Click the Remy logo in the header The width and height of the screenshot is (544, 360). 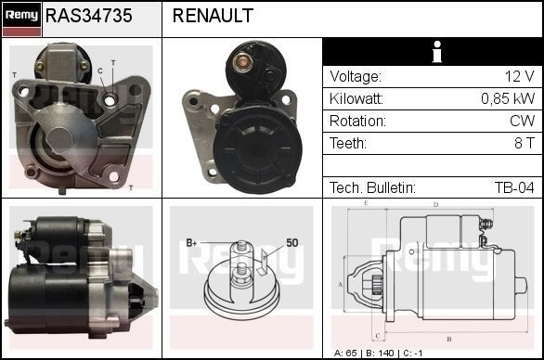20,16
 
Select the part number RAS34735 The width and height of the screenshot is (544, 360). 89,16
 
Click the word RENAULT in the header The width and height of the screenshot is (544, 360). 213,16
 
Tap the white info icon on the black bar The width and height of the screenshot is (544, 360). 433,52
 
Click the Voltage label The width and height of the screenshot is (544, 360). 355,77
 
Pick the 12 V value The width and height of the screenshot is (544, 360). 518,77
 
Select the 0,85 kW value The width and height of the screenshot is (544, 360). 507,99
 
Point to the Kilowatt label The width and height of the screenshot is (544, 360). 357,99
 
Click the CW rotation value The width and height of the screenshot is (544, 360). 523,122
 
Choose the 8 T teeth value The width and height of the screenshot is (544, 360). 524,144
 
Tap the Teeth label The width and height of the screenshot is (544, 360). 348,144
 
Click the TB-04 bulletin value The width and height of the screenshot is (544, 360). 513,187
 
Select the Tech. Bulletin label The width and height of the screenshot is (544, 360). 372,187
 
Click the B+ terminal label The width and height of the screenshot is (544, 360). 192,242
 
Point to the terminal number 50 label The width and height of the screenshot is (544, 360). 291,242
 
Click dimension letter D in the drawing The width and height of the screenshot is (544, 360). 435,205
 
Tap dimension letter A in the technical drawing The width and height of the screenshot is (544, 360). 340,283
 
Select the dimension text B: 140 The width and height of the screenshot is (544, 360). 380,354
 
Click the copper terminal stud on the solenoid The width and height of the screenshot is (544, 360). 242,62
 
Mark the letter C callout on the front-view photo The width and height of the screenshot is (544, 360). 99,71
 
